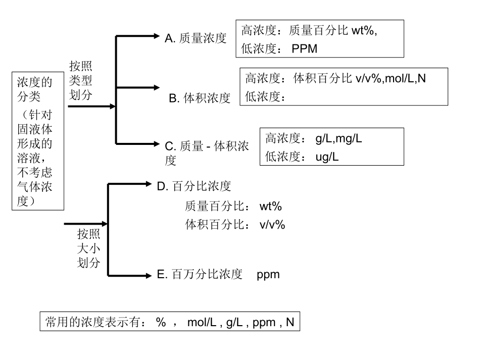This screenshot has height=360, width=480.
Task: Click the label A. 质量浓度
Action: tap(196, 38)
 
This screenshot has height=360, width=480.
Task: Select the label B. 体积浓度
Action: tap(200, 98)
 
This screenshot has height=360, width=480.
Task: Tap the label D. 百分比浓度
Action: tap(194, 186)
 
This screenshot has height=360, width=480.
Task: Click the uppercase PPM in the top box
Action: tap(305, 49)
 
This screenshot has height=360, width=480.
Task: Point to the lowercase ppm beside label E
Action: tap(268, 275)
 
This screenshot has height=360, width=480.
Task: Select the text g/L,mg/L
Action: tap(339, 139)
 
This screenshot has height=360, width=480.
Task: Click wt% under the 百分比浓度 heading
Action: tap(270, 207)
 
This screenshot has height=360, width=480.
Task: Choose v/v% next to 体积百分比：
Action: tap(272, 225)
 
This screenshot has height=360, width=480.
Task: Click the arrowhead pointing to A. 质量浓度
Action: tap(156, 36)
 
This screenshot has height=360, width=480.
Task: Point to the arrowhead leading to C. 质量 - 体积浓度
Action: tap(156, 143)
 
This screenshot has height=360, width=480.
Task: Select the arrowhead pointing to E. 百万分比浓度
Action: tap(148, 275)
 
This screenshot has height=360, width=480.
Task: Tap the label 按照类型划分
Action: tap(81, 81)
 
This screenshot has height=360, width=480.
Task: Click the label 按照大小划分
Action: tap(88, 248)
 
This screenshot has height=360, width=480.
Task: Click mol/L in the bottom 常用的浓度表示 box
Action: tap(202, 322)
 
